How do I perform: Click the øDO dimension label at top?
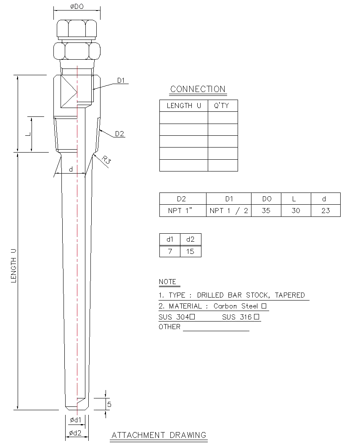click(76, 6)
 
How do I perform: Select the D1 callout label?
click(121, 80)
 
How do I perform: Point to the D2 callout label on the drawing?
click(120, 134)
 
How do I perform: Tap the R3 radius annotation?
click(106, 160)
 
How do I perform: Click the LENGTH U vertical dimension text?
click(13, 265)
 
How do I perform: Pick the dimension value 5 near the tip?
click(109, 404)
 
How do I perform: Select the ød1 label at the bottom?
click(76, 419)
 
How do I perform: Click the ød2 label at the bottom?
click(76, 432)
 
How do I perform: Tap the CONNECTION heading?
click(198, 89)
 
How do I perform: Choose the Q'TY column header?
click(222, 105)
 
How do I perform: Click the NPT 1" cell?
click(180, 211)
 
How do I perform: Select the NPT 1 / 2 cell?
click(228, 211)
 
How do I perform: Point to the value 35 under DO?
click(266, 211)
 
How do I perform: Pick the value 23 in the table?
click(326, 211)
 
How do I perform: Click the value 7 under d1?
click(170, 251)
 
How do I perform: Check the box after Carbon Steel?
click(264, 306)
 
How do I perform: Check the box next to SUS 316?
click(256, 317)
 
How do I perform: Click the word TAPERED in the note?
click(290, 295)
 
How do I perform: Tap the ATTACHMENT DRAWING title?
click(159, 435)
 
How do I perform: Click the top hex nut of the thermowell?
click(76, 29)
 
